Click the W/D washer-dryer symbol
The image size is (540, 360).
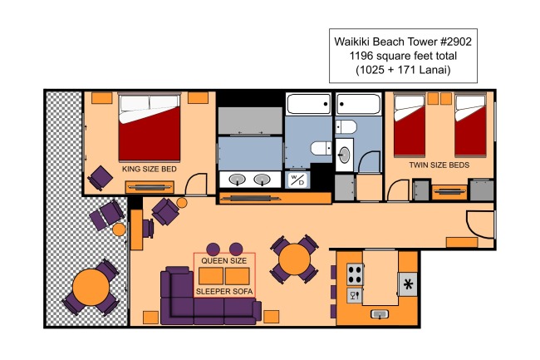[297, 180]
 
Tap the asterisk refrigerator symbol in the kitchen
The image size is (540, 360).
[408, 284]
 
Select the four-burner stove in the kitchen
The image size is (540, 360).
[355, 274]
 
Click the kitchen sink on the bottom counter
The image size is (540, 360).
[380, 314]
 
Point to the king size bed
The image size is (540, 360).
[150, 126]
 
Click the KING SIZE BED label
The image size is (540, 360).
[150, 169]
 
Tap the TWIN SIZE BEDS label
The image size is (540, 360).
[439, 165]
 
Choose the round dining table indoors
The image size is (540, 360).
[294, 259]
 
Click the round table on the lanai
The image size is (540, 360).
[91, 287]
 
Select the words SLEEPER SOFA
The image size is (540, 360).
[224, 292]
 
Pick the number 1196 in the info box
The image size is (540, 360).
[361, 56]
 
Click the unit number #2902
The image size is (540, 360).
[455, 42]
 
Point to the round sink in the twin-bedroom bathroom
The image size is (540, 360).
[344, 155]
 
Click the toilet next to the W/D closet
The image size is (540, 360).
[321, 149]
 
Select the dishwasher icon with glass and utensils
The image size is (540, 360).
[355, 296]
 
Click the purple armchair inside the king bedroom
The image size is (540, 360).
[101, 178]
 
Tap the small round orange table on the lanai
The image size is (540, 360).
[119, 229]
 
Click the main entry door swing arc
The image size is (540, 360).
[473, 229]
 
